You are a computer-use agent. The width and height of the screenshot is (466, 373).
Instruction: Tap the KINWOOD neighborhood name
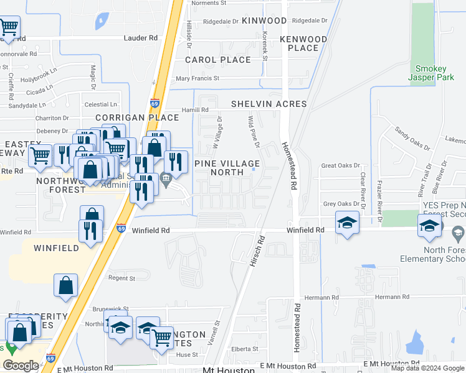pos(264,21)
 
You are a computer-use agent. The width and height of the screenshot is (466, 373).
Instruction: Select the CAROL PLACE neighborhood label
pos(218,60)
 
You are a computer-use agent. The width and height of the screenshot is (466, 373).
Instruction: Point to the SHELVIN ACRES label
pos(269,104)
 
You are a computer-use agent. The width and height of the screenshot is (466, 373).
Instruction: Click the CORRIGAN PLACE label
pos(128,117)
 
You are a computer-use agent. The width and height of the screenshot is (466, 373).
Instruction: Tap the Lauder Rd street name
pos(141,38)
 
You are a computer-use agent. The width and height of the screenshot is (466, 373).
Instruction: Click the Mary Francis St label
pos(197,79)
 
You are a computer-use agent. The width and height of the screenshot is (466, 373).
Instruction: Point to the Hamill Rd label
pos(195,110)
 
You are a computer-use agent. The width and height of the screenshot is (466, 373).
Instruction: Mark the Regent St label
pos(122,279)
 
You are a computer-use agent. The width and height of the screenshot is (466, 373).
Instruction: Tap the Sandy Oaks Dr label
pos(412,138)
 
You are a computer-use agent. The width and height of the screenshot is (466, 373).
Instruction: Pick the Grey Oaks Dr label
pos(341,204)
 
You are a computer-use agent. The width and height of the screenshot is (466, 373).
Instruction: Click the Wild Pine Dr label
pos(254,132)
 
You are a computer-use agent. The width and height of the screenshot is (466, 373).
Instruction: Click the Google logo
pos(21,366)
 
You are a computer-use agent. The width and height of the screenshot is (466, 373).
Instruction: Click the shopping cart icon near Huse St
pos(162,338)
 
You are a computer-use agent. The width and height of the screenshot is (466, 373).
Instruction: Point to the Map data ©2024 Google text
pos(427,368)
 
